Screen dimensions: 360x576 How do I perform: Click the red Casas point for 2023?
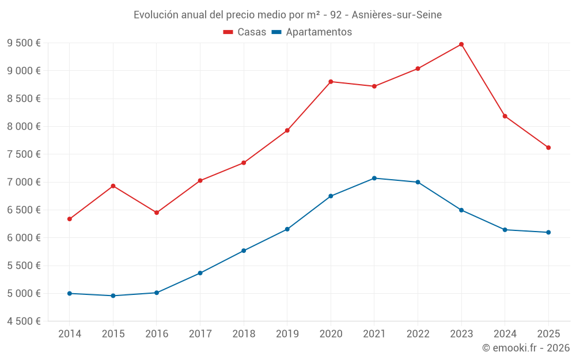coord(461,44)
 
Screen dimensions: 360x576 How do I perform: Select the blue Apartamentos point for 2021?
coord(374,178)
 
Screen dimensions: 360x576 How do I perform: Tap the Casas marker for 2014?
coord(70,219)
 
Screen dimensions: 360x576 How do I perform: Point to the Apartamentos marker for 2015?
coord(113,295)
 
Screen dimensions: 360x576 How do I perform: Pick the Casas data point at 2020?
coord(331,82)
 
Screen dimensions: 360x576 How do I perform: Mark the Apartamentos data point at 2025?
coord(548,232)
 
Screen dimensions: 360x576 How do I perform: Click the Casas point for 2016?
coord(157,213)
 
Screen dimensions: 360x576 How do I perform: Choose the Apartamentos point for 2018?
coord(244,251)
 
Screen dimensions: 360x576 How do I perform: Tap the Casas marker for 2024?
coord(505,116)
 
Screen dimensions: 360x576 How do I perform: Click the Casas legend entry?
coord(245,32)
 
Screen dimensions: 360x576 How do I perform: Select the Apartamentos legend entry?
coord(311,32)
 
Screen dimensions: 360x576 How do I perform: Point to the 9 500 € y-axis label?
coord(24,43)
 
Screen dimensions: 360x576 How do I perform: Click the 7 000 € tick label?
coord(24,182)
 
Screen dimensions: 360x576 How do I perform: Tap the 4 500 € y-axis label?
coord(24,321)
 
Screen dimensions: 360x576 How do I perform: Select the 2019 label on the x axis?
coord(287,334)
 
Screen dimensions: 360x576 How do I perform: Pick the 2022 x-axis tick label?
coord(418,334)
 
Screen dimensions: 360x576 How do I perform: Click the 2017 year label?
coord(200,334)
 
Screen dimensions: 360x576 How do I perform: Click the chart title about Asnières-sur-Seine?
coord(287,15)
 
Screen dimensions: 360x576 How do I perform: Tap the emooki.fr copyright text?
coord(525,348)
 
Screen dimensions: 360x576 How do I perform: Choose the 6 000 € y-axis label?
coord(24,238)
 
